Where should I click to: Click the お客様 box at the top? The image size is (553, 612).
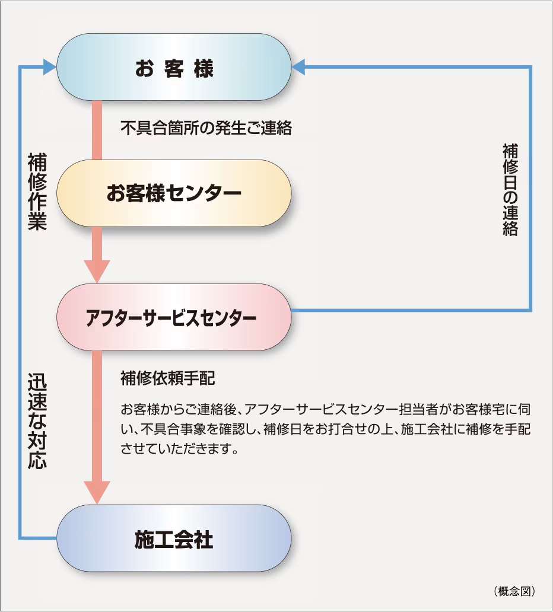click(x=174, y=68)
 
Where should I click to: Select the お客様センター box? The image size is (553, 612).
click(x=174, y=193)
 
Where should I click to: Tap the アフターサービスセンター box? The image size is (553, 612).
click(x=174, y=317)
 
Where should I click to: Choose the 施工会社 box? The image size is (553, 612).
click(x=174, y=539)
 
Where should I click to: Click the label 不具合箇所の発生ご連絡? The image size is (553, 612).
click(x=206, y=128)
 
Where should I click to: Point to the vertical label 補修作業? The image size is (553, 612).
click(x=37, y=192)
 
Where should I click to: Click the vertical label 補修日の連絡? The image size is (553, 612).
click(x=510, y=189)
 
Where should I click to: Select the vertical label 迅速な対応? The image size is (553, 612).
click(x=37, y=421)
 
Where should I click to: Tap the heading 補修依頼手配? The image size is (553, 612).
click(x=167, y=378)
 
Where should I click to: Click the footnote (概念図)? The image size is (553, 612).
click(x=514, y=591)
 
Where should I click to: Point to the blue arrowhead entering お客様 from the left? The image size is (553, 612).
click(x=50, y=67)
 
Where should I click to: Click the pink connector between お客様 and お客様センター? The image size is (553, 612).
click(x=97, y=130)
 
